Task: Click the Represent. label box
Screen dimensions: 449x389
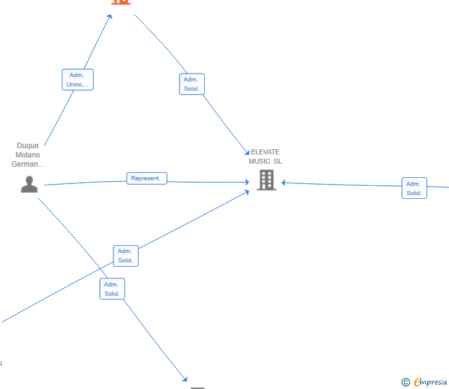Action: pyautogui.click(x=147, y=178)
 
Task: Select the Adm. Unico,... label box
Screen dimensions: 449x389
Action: pyautogui.click(x=78, y=80)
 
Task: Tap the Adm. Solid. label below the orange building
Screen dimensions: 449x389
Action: pyautogui.click(x=192, y=84)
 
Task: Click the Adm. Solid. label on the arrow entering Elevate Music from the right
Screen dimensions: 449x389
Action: pyautogui.click(x=414, y=188)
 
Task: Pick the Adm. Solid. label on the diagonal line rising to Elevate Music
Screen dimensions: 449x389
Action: pyautogui.click(x=126, y=256)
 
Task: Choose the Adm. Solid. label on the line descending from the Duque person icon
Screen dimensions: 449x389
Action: pyautogui.click(x=112, y=289)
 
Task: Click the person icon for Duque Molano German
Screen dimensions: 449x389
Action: pyautogui.click(x=29, y=185)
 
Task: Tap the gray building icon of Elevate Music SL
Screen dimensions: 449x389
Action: pyautogui.click(x=266, y=180)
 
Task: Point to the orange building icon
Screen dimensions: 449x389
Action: pyautogui.click(x=121, y=2)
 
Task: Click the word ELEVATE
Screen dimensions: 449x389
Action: pyautogui.click(x=265, y=152)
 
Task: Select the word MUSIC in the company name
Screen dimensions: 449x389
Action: pyautogui.click(x=260, y=161)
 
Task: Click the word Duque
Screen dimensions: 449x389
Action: pyautogui.click(x=28, y=146)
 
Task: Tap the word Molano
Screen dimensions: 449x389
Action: pyautogui.click(x=28, y=155)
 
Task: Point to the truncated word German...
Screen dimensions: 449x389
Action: pyautogui.click(x=28, y=164)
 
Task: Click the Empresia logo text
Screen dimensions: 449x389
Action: pyautogui.click(x=430, y=382)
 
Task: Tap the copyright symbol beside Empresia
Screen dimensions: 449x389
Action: pyautogui.click(x=406, y=382)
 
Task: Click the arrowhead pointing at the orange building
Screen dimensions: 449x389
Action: pyautogui.click(x=109, y=17)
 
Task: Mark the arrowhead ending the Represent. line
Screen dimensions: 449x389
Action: pyautogui.click(x=247, y=182)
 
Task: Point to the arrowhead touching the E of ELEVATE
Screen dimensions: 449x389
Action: pyautogui.click(x=247, y=153)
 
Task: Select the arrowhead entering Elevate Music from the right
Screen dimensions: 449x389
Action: pyautogui.click(x=284, y=183)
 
